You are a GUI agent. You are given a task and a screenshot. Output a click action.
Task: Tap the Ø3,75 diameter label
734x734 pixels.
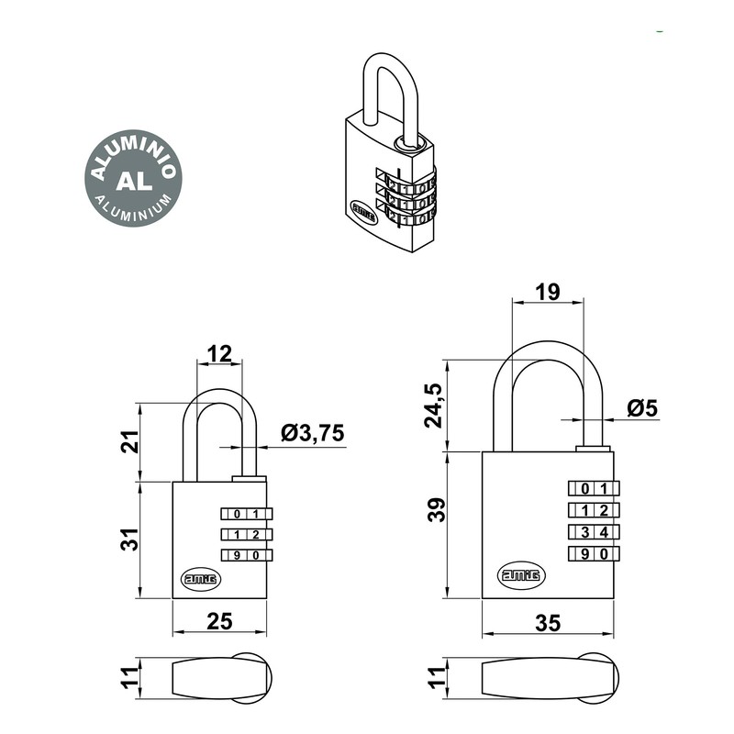coord(313,434)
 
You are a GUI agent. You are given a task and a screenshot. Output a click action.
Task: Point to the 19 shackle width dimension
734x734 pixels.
coord(547,292)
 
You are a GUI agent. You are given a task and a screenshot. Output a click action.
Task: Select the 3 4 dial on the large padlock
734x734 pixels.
coord(591,531)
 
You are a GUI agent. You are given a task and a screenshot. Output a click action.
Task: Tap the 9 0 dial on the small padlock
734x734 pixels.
coord(246,554)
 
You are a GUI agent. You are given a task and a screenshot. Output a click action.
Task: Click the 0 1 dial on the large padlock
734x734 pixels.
coord(591,488)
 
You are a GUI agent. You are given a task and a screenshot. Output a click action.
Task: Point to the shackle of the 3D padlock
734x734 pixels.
coord(383,92)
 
